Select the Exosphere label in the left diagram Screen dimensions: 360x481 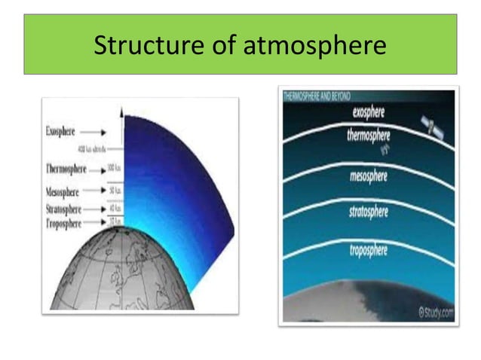point(60,130)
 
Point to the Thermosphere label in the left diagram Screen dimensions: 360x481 point(66,168)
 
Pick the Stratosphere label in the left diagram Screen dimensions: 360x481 point(64,209)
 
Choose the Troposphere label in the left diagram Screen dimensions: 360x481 point(63,223)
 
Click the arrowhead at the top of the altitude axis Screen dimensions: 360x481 point(121,111)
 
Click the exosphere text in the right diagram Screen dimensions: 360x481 point(369,112)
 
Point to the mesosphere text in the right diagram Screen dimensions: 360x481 point(369,176)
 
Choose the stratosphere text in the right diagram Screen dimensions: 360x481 point(369,212)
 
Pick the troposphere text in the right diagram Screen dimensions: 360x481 point(369,249)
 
